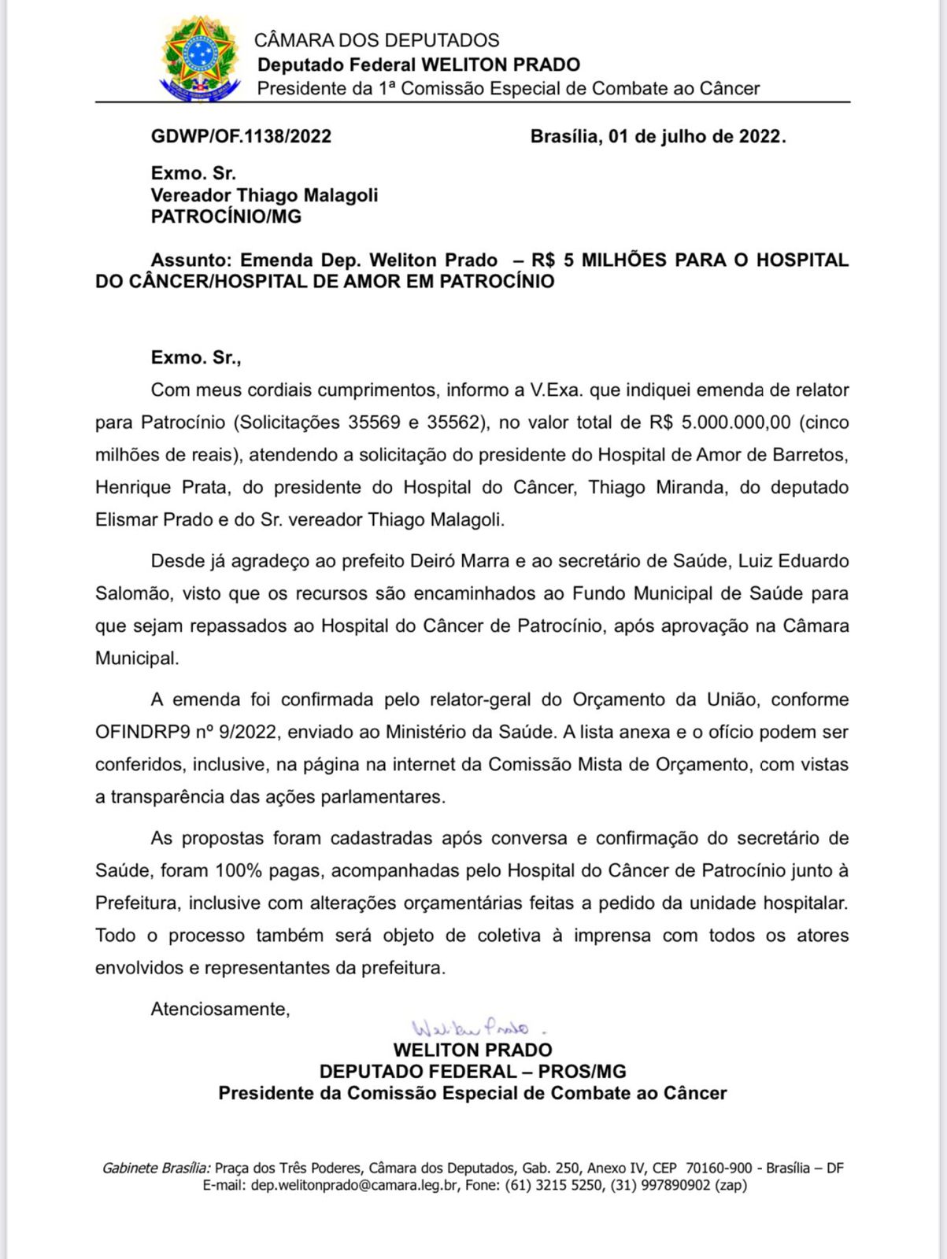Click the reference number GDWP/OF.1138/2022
241,137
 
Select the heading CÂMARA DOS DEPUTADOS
376,40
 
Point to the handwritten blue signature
471,1028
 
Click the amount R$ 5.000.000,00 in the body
719,423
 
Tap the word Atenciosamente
220,1010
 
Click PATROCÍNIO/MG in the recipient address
226,217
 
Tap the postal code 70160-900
719,1169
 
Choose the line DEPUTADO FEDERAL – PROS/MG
472,1072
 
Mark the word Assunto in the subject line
192,260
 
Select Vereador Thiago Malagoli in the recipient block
264,195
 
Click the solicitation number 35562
453,423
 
